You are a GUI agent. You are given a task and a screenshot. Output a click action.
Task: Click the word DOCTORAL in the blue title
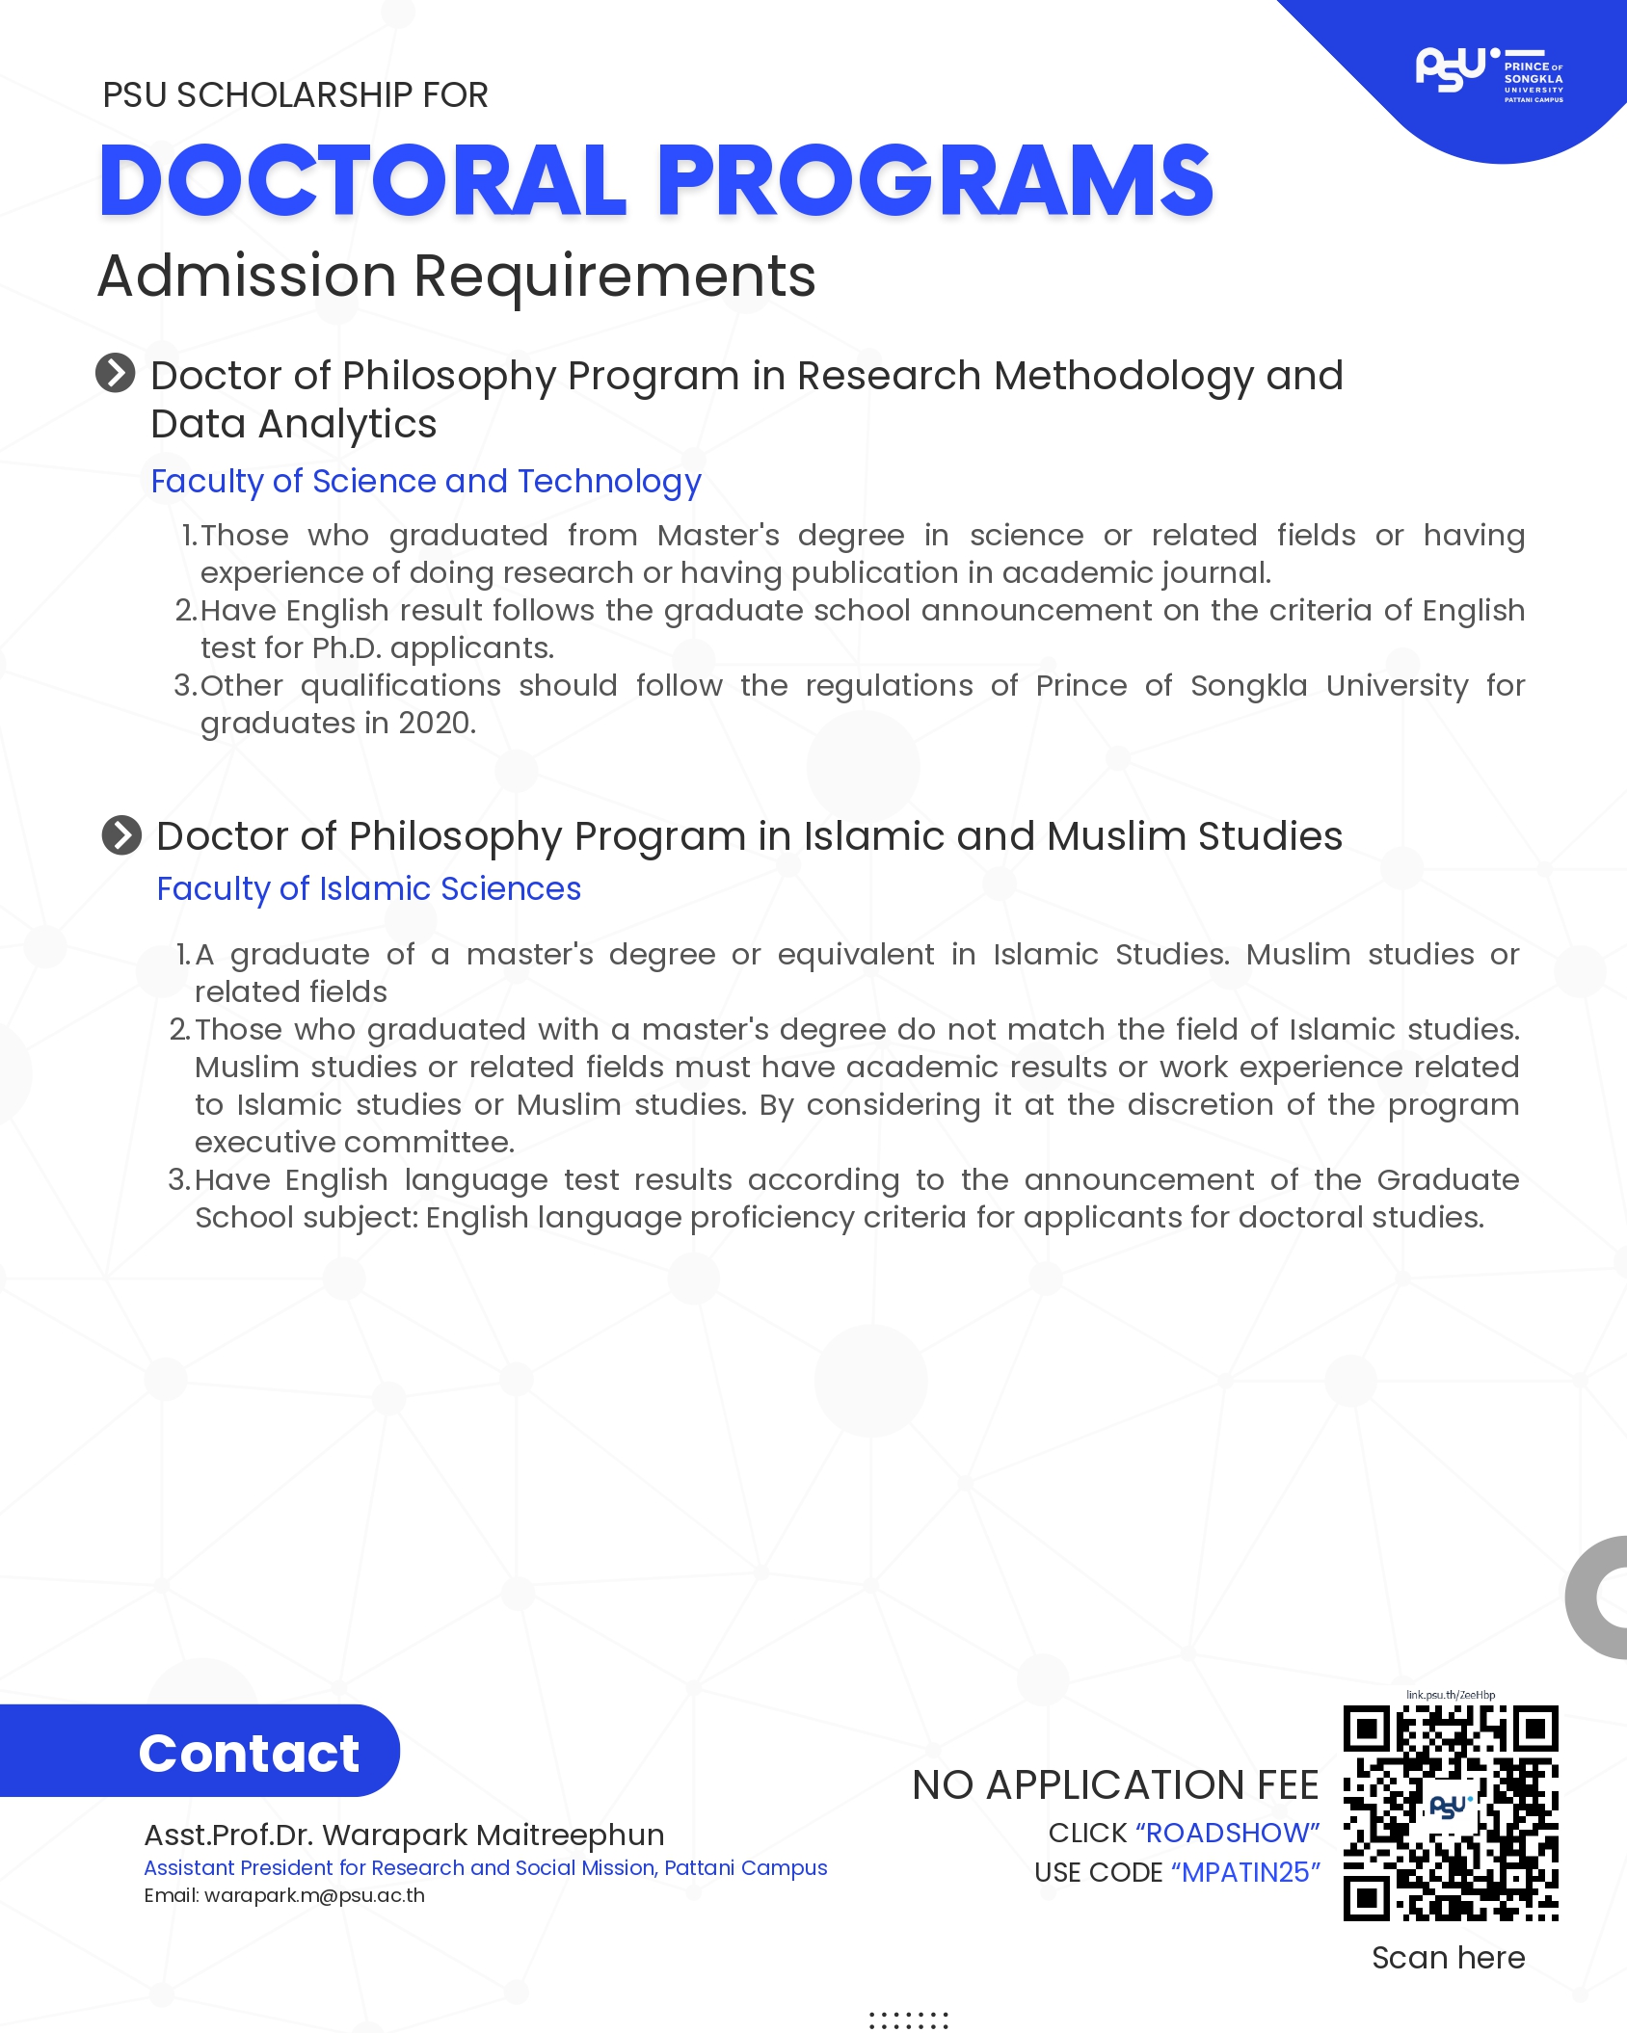363,181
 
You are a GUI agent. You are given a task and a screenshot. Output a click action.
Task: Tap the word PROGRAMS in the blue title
934,181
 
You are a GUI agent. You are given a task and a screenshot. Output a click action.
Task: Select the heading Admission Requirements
457,277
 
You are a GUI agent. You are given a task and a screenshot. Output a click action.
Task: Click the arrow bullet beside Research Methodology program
116,373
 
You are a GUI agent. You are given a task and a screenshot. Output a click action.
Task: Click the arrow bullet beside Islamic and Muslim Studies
121,835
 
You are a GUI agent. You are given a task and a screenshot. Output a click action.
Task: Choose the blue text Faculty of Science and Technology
426,481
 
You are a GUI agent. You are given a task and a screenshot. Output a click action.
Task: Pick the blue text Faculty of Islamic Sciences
369,888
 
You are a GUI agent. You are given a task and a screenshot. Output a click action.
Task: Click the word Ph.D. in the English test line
347,648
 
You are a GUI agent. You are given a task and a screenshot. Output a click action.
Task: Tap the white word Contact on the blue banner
249,1753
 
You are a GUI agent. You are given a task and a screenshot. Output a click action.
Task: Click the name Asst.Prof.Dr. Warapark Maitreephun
404,1835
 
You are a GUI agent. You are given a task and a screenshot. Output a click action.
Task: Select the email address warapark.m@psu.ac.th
314,1895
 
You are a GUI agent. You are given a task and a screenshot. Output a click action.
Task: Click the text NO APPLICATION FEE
1115,1785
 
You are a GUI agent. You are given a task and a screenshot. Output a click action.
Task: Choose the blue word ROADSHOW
1227,1833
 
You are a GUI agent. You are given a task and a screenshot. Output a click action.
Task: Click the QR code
1451,1812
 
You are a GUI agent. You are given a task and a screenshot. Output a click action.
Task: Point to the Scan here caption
1448,1958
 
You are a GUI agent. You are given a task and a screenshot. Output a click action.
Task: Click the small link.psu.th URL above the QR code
1451,1695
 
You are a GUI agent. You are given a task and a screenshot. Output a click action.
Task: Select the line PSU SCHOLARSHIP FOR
295,95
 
